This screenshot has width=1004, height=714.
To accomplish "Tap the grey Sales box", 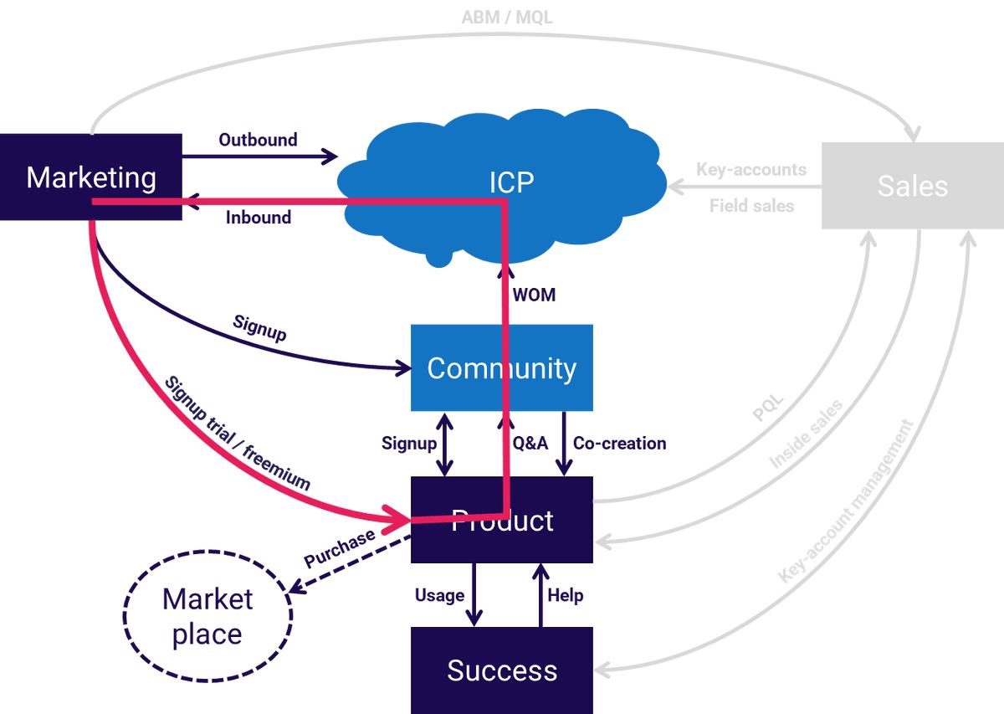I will [912, 186].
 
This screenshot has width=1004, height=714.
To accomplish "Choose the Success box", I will [501, 670].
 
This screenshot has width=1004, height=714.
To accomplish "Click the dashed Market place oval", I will [207, 616].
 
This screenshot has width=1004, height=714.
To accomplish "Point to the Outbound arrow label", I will [258, 140].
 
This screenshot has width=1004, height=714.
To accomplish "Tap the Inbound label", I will [259, 218].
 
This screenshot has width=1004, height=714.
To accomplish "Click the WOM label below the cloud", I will [534, 295].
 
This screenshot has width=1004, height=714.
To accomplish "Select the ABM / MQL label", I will [507, 17].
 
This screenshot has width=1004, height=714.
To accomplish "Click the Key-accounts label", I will [750, 170].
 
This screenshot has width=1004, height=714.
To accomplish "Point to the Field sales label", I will [751, 205].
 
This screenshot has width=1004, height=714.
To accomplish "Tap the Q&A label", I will [530, 444].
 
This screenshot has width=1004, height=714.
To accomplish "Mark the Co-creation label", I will [620, 444].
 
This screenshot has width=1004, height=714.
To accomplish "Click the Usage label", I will [439, 595].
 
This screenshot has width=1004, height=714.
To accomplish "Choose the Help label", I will [565, 595].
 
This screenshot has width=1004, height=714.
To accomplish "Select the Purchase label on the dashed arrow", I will [340, 549].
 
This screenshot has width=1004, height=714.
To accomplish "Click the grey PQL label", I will [768, 408].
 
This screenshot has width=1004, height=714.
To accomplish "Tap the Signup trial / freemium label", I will [238, 434].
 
